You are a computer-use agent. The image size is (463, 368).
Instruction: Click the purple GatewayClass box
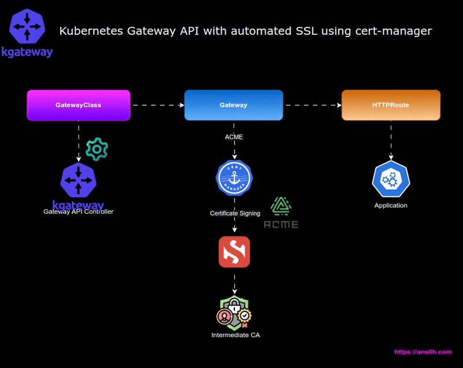coord(79,105)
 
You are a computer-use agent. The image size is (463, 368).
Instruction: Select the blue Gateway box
coord(233,105)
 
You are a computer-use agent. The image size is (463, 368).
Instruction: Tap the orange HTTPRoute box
coord(391,105)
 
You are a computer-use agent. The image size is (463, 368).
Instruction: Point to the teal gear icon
coord(97,150)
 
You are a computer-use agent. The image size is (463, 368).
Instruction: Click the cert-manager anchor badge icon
coord(234,178)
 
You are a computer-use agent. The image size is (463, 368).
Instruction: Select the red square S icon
coord(234,252)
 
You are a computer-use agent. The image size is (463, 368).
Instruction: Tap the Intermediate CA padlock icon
coord(234,312)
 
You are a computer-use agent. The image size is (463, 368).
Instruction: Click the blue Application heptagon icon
coord(391,180)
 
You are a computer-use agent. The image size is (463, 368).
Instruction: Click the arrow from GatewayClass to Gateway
coord(157,105)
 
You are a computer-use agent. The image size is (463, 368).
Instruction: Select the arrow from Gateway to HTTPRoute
coord(313,105)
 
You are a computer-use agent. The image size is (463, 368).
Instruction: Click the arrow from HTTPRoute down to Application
coord(391,140)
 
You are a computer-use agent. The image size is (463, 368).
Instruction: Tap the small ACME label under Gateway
coord(234,137)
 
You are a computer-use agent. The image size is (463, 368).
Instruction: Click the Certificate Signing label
coord(235,213)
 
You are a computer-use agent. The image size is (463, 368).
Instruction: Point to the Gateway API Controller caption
coord(78,212)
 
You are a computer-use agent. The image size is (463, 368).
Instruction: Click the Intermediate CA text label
coord(235,335)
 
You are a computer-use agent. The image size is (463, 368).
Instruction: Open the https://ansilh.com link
coord(422,352)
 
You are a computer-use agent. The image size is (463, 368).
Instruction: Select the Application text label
coord(391,205)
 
